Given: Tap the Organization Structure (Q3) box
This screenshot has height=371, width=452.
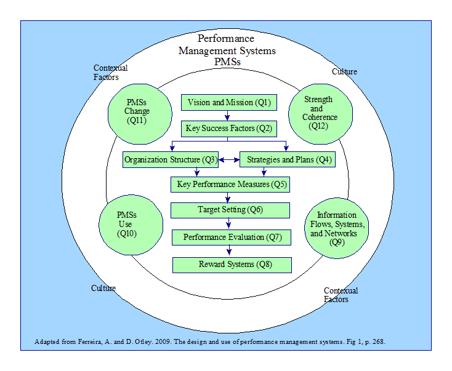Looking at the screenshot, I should pos(170,160).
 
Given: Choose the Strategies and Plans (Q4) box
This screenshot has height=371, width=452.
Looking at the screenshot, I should pos(288,160).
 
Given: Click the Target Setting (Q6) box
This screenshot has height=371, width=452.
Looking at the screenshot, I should pos(230,210).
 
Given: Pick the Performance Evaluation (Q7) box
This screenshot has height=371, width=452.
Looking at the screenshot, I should pos(230,237).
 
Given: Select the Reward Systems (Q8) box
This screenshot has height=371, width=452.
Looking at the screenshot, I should pos(231,265).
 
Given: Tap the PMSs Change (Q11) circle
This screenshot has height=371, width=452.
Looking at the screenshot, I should pos(137,112).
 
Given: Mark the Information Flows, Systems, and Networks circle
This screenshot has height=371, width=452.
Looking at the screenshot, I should pos(336,228).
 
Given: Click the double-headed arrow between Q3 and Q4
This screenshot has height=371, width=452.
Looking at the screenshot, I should pos(228,161).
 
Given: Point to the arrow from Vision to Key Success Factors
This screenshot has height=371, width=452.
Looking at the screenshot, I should pos(228,116).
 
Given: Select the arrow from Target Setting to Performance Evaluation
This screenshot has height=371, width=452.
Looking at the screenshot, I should pos(229,223).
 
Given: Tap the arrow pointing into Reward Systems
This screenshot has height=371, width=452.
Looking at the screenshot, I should pos(229,250).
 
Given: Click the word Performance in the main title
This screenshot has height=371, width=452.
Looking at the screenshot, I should pos(225,39).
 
